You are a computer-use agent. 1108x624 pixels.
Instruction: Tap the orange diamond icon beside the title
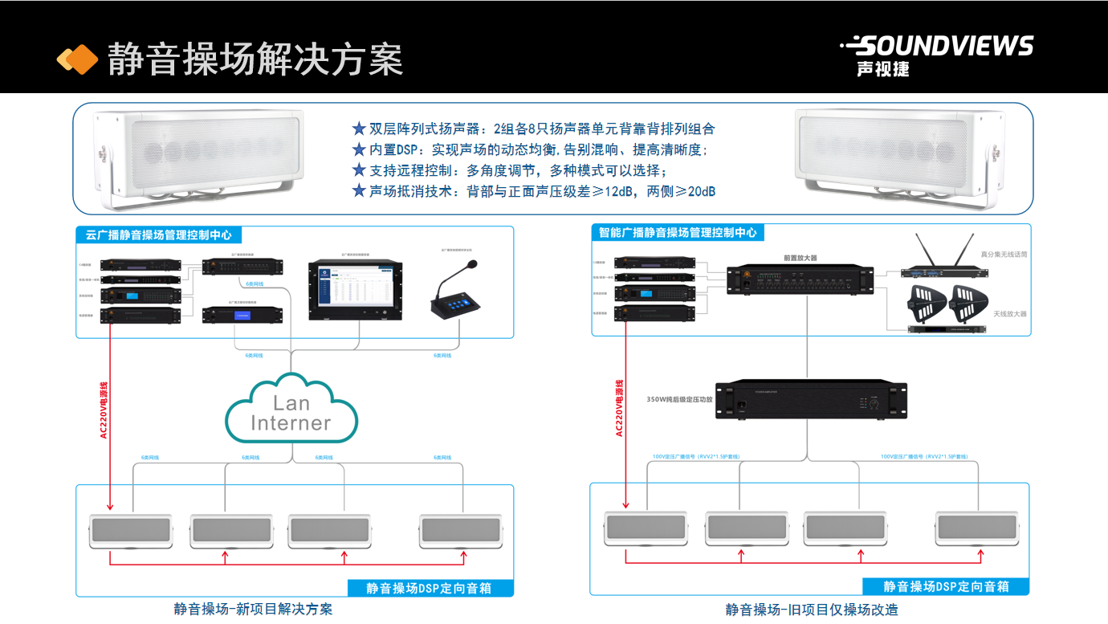tap(77, 59)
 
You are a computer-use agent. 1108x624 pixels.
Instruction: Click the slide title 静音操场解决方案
tap(255, 59)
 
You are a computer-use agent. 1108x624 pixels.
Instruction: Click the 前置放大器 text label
tap(800, 259)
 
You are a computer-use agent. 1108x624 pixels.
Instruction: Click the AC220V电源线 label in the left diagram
tap(104, 410)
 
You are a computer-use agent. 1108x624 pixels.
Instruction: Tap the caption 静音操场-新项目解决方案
tap(253, 609)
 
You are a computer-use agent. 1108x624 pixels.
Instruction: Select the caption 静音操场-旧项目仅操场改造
tap(812, 610)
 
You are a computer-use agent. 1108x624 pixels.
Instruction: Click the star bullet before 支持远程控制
tap(359, 170)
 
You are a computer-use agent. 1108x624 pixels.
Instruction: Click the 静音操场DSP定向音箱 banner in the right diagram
tap(946, 587)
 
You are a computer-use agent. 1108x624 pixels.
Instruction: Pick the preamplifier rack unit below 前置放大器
tap(800, 279)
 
